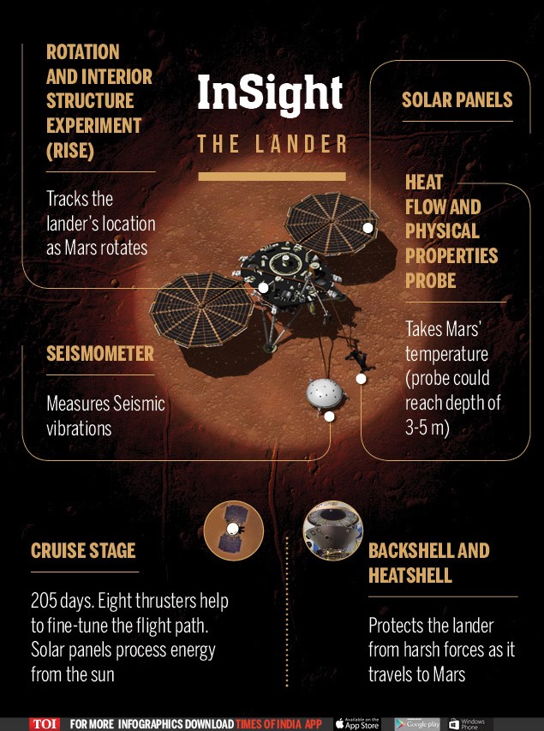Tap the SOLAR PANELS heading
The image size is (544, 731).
(457, 99)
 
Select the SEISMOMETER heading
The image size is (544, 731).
(99, 353)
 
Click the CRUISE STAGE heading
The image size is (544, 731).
(83, 550)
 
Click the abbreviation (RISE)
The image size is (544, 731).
(70, 151)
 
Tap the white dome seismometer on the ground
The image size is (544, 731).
(326, 393)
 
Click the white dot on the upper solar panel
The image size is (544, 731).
(368, 227)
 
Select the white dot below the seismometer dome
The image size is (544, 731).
(329, 416)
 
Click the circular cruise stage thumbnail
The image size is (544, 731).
(234, 530)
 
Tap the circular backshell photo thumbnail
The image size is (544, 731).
(333, 530)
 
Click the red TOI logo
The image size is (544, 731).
(45, 724)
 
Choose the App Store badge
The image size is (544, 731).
(357, 723)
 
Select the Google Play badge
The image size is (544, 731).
(418, 724)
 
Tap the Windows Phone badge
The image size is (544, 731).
(467, 724)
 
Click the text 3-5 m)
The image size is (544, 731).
(427, 428)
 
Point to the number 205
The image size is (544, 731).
(45, 601)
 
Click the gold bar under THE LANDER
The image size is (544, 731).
(272, 177)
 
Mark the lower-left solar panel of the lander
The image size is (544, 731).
(201, 309)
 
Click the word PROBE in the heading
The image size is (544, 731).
(430, 280)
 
